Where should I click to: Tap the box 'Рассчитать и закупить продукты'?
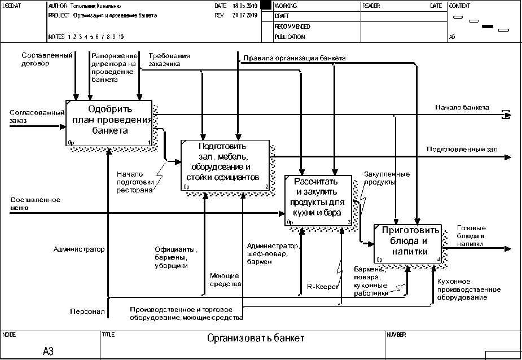pos(319,200)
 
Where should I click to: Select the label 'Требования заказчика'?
pos(169,60)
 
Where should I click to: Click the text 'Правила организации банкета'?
pos(295,58)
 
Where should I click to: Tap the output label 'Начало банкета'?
pos(462,107)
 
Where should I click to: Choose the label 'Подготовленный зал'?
pos(462,150)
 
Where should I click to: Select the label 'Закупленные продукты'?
pos(387,178)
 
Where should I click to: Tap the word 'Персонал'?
pos(87,311)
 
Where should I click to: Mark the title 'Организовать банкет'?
pos(256,339)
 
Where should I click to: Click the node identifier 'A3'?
pos(48,351)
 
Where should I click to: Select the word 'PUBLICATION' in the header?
pos(289,37)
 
